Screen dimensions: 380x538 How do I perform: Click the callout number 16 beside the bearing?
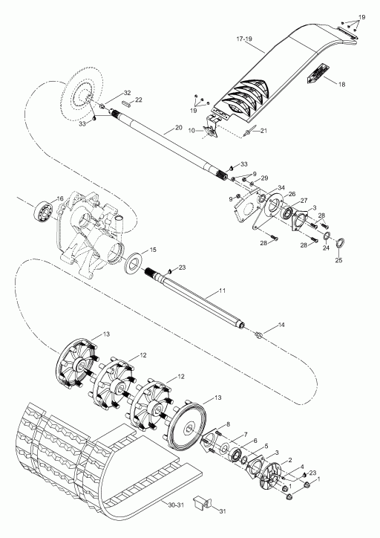point(60,198)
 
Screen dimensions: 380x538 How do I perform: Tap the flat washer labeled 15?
point(133,263)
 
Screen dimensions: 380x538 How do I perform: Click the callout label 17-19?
point(244,39)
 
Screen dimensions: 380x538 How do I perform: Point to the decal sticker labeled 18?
point(318,73)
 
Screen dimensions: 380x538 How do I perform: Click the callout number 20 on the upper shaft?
point(179,127)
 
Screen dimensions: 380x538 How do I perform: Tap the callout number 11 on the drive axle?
point(223,291)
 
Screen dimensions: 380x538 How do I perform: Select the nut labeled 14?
point(259,334)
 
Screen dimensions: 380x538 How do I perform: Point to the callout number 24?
point(326,247)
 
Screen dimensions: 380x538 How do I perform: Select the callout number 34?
point(281,187)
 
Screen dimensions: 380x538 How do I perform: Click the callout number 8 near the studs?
point(228,424)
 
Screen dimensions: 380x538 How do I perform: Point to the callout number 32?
point(127,93)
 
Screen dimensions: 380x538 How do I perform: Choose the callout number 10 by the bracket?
point(191,131)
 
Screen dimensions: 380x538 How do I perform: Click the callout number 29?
point(263,178)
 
